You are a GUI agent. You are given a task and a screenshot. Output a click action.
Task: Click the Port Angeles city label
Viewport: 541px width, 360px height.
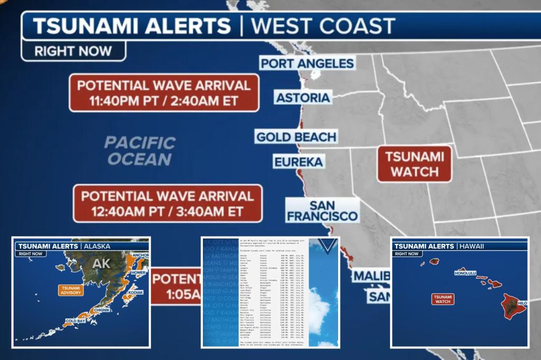[x=306, y=64]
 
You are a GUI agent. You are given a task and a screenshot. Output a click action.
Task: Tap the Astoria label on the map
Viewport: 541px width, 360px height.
[x=303, y=98]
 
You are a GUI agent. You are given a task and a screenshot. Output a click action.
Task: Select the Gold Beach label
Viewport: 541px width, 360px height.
[x=296, y=137]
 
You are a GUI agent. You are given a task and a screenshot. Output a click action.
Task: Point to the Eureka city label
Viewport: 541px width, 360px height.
[x=299, y=162]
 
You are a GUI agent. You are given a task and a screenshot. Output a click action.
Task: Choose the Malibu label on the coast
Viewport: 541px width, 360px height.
[x=371, y=276]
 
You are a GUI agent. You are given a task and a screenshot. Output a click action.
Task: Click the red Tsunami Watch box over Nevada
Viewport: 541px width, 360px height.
[x=414, y=164]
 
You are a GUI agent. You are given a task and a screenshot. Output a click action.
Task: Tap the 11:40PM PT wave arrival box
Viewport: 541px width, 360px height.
[x=163, y=92]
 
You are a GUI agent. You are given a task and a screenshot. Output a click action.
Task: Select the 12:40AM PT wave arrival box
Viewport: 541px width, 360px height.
[x=167, y=203]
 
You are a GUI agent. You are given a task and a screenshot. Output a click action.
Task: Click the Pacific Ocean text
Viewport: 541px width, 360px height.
[x=139, y=151]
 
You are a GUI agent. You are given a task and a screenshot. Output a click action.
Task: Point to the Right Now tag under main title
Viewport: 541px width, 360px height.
[x=73, y=51]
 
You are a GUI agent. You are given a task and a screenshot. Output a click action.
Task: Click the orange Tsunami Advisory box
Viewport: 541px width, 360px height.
[x=70, y=290]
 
